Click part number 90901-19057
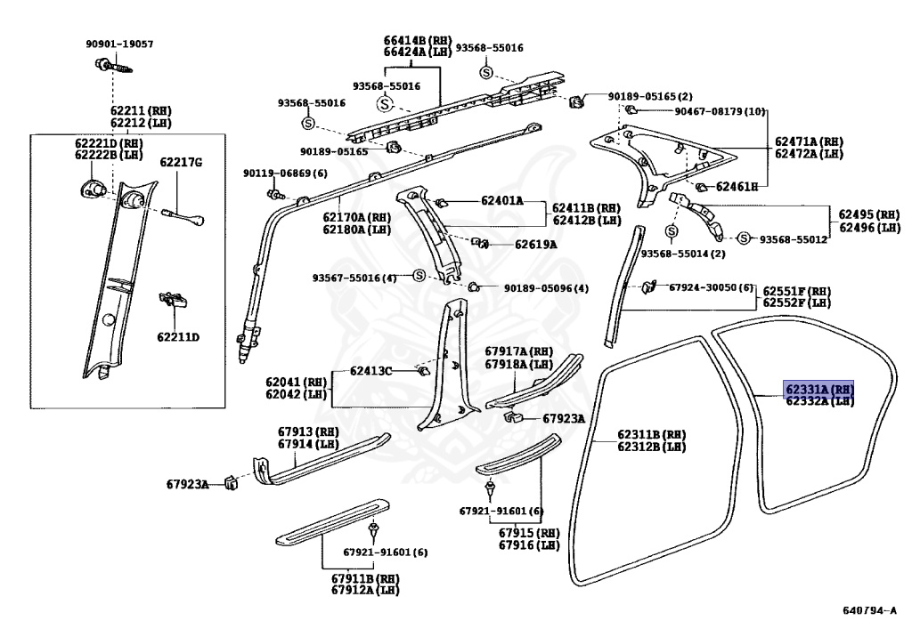tap(119, 44)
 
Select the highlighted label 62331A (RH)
tap(818, 389)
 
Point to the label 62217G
tap(181, 162)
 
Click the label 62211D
tap(178, 337)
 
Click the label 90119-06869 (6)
tap(285, 173)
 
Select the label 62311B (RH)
tap(652, 434)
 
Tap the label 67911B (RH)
tap(365, 578)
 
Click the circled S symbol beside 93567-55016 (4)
tap(417, 277)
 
